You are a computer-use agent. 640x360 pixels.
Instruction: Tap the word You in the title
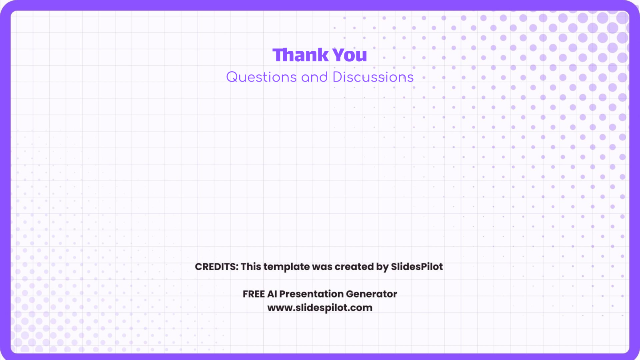coord(350,55)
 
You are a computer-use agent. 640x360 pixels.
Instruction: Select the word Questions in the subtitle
coord(261,77)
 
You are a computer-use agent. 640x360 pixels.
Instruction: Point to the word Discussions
coord(373,77)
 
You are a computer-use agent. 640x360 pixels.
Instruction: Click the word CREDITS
coord(216,267)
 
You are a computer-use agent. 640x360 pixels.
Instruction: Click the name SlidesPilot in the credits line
coord(417,267)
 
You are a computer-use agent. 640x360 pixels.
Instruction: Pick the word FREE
coord(254,294)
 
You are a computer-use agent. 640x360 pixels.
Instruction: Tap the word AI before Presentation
coord(272,294)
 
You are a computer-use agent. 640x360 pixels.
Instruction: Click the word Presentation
coord(311,294)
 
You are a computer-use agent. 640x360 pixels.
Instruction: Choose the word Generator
coord(372,294)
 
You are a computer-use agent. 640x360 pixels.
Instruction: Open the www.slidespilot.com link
coord(320,308)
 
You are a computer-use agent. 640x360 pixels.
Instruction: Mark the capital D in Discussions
coord(337,77)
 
